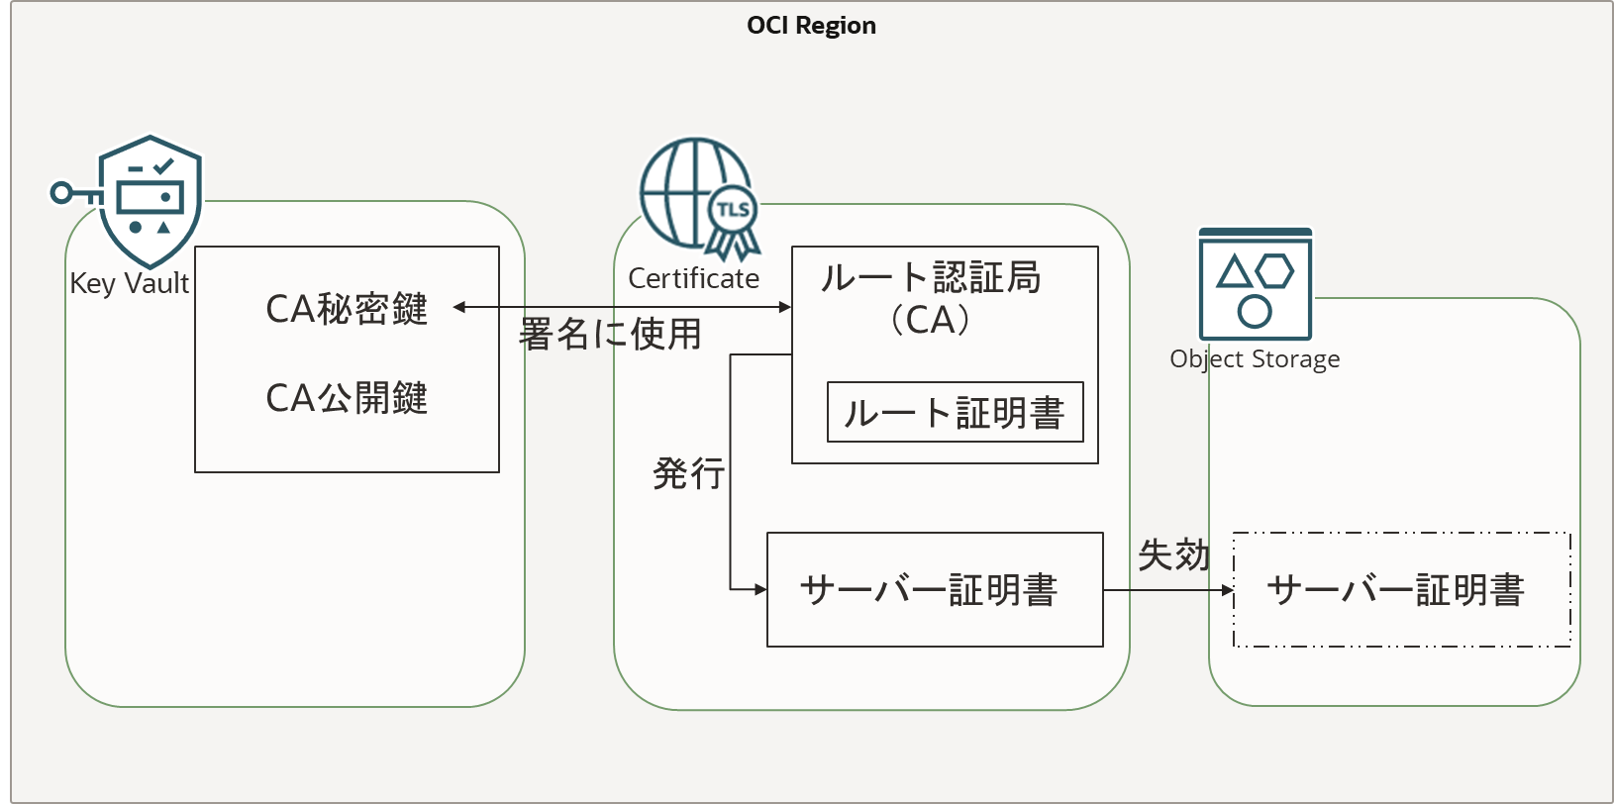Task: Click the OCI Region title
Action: tap(811, 26)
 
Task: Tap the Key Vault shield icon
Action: tap(151, 201)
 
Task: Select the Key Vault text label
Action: tap(129, 283)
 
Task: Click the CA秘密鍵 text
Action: tap(347, 309)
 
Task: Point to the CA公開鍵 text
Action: tap(347, 398)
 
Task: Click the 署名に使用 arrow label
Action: tap(610, 335)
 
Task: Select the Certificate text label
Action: tap(693, 278)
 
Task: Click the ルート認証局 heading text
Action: tap(931, 277)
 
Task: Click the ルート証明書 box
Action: tap(955, 412)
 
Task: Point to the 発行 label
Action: tap(688, 473)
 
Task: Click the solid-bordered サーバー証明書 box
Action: tap(935, 590)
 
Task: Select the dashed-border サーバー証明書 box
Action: tap(1401, 590)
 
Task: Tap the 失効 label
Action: tap(1173, 555)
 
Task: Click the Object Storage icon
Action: tap(1255, 285)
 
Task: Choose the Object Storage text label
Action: tap(1255, 358)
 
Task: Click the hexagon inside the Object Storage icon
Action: tap(1274, 270)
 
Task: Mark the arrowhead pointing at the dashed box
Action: tap(1228, 590)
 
